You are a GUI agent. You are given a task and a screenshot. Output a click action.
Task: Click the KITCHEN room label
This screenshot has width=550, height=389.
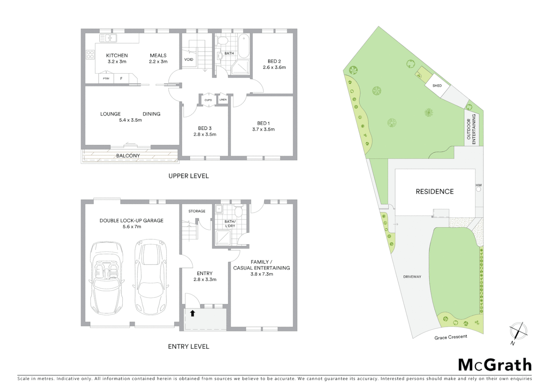pos(117,55)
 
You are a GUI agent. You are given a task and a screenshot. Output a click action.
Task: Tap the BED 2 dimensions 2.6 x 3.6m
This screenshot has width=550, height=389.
pos(274,67)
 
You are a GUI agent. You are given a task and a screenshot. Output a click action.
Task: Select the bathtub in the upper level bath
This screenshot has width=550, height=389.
pos(244,46)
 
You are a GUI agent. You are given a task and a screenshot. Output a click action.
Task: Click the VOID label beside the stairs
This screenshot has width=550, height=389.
pos(189,59)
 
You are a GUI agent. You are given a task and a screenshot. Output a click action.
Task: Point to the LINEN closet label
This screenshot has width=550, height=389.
pos(223,100)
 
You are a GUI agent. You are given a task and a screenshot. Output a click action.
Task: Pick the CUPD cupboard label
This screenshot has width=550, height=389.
pos(208,100)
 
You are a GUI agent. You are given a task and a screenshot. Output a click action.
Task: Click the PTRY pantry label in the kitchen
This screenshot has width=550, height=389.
pos(106,79)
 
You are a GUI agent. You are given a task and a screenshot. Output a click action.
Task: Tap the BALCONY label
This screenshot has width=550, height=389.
pos(128,156)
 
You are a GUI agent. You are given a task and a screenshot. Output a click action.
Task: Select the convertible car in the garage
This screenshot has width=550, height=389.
pos(106,277)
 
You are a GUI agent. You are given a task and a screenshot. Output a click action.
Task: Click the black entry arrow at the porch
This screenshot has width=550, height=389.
pos(193,313)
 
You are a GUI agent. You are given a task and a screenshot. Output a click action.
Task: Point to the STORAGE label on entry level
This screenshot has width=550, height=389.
pos(197,211)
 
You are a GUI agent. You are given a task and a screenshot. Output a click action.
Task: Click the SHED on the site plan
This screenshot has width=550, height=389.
pos(437,86)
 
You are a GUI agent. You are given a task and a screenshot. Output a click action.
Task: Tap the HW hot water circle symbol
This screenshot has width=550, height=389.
pos(478,189)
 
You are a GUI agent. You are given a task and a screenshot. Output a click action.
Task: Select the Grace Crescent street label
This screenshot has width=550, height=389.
pos(451,337)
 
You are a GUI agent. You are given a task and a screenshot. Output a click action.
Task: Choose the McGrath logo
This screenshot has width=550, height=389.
pos(495,365)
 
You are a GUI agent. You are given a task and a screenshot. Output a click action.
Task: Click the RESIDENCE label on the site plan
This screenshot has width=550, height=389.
pos(434,192)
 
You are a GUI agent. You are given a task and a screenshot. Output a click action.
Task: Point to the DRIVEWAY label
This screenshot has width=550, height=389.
pos(412,277)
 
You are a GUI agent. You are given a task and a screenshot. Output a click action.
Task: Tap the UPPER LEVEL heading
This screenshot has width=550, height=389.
pos(189,176)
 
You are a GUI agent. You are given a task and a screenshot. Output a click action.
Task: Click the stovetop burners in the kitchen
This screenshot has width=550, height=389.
pos(90,55)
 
